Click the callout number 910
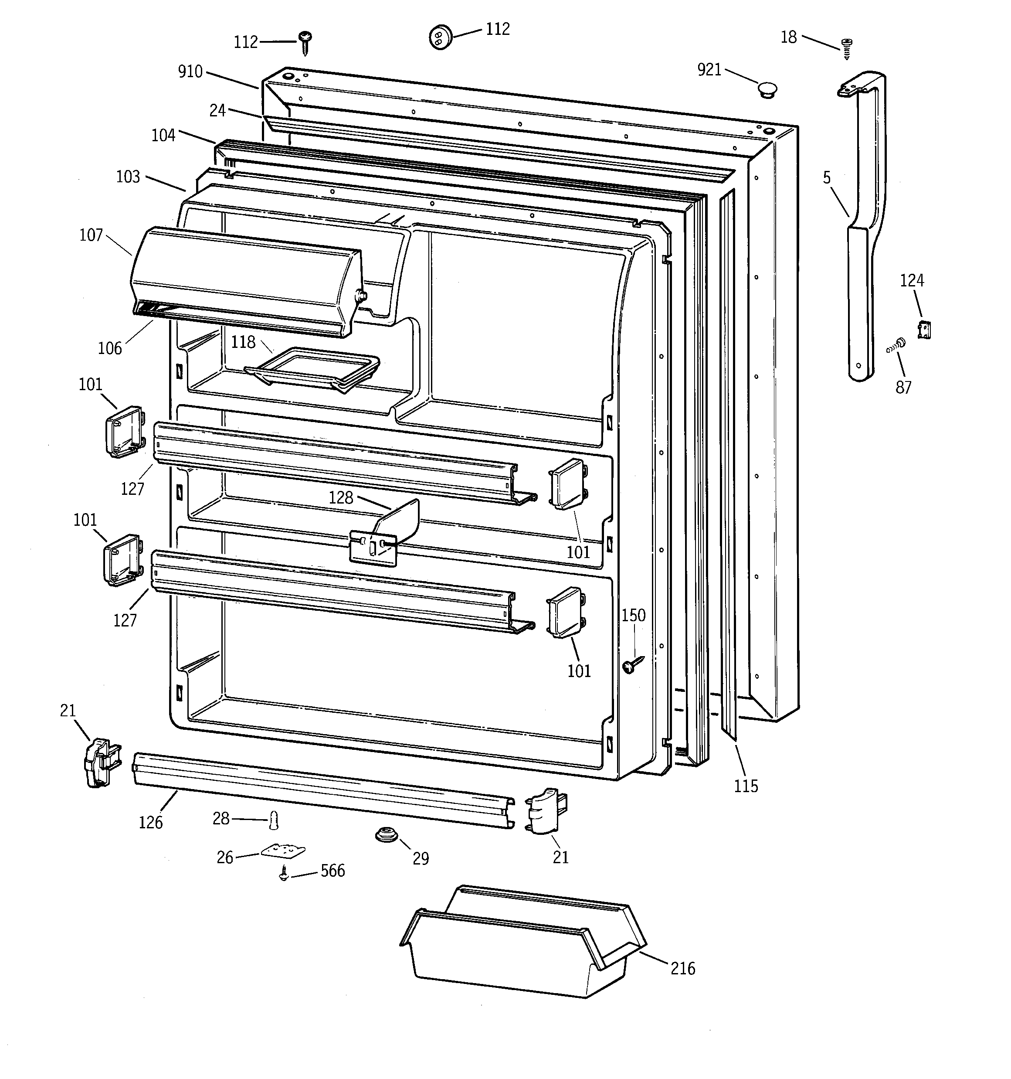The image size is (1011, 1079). (x=190, y=71)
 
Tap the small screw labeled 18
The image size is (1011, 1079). (x=846, y=48)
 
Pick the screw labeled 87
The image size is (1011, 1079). (x=898, y=344)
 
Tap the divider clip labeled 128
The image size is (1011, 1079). (x=385, y=534)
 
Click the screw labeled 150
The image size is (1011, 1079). (x=633, y=663)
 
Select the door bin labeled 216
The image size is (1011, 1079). (x=521, y=944)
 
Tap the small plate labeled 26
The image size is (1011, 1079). (x=283, y=851)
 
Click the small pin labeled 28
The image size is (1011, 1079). (x=275, y=820)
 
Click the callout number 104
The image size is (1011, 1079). (x=163, y=135)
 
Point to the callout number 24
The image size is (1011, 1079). (x=217, y=110)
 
